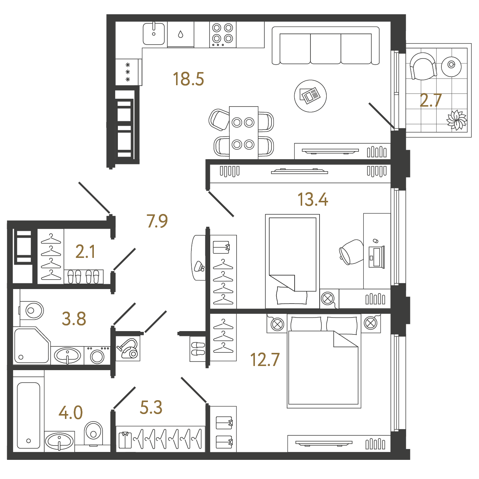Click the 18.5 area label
[x=188, y=79]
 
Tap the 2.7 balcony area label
[x=431, y=101]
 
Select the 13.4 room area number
[x=312, y=199]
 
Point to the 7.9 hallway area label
[x=157, y=221]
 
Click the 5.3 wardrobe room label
[x=151, y=407]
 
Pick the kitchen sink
[x=154, y=34]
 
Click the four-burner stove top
[x=223, y=35]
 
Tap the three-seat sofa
[x=325, y=46]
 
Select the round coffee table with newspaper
[x=310, y=96]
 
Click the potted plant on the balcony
[x=456, y=120]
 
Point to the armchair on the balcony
[x=423, y=66]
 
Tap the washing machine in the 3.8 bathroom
[x=97, y=355]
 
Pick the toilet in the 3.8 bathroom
[x=31, y=310]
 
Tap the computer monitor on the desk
[x=377, y=257]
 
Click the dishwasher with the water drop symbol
[x=181, y=34]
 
